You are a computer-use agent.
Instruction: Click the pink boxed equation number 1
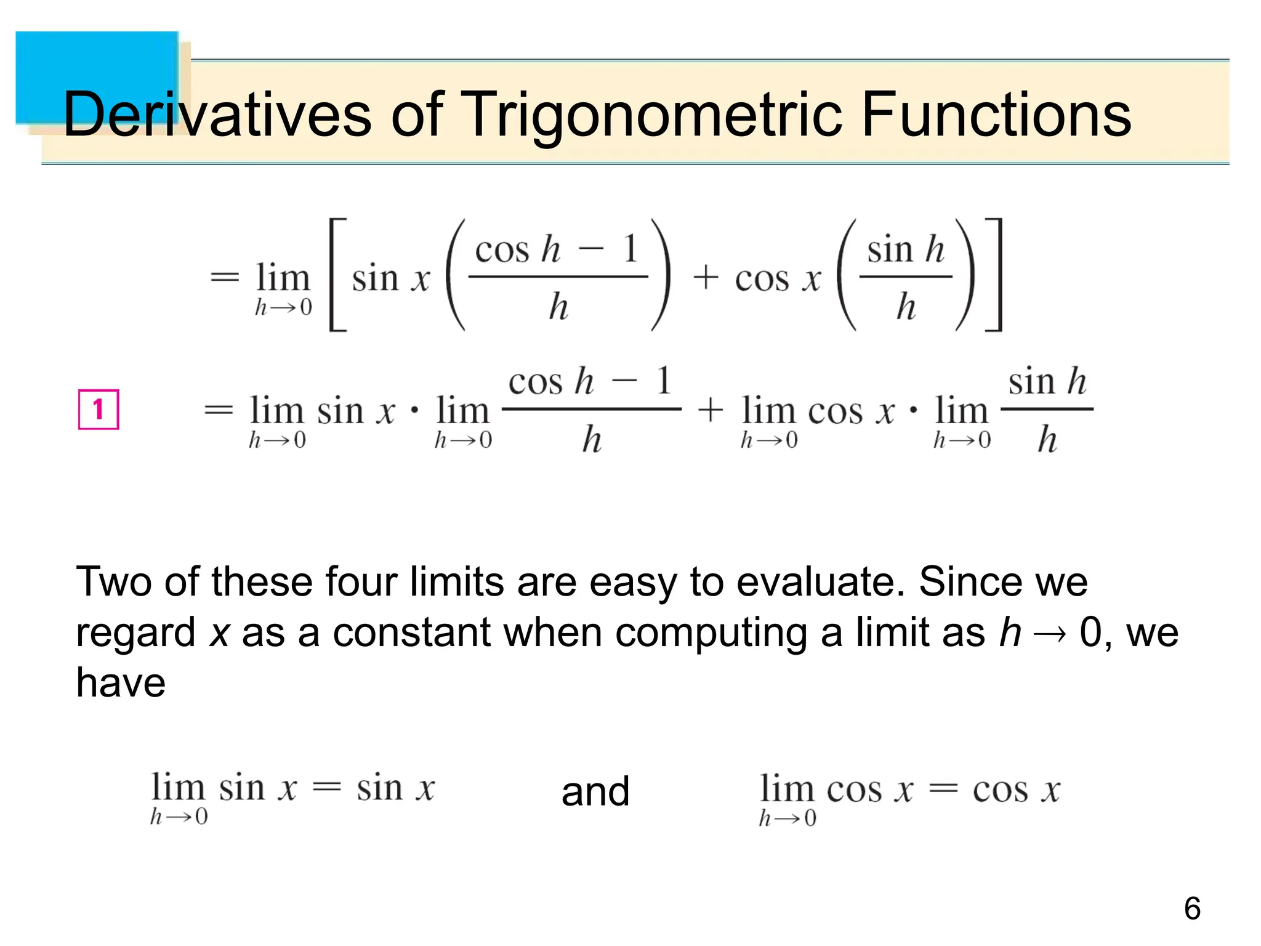[99, 409]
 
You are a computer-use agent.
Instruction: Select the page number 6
[1192, 908]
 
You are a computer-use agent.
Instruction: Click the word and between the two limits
[595, 791]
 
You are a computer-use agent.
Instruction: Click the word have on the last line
[121, 683]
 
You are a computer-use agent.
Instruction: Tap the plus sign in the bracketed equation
[706, 278]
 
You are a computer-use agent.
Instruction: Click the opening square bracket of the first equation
[337, 275]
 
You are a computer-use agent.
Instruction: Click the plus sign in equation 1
[710, 410]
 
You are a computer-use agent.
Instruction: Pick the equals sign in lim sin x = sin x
[326, 788]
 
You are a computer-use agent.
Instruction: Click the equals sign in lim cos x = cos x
[943, 789]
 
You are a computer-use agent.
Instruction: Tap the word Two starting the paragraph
[113, 581]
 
